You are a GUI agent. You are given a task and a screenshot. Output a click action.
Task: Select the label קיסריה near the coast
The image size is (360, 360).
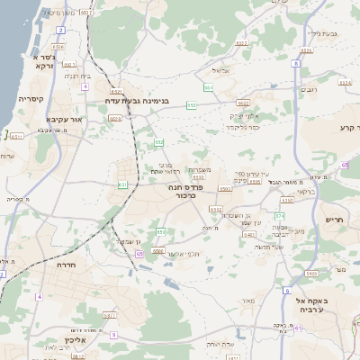point(17,100)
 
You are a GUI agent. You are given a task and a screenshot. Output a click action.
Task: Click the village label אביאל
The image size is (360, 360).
point(221,69)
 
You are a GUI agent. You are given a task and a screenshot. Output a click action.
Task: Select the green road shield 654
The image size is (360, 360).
point(208,86)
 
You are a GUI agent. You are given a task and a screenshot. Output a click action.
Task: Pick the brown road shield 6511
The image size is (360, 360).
point(17,136)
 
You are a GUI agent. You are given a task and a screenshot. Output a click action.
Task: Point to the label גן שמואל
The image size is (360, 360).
point(130,241)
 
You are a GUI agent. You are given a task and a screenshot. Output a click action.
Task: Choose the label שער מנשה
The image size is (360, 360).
point(269,247)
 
